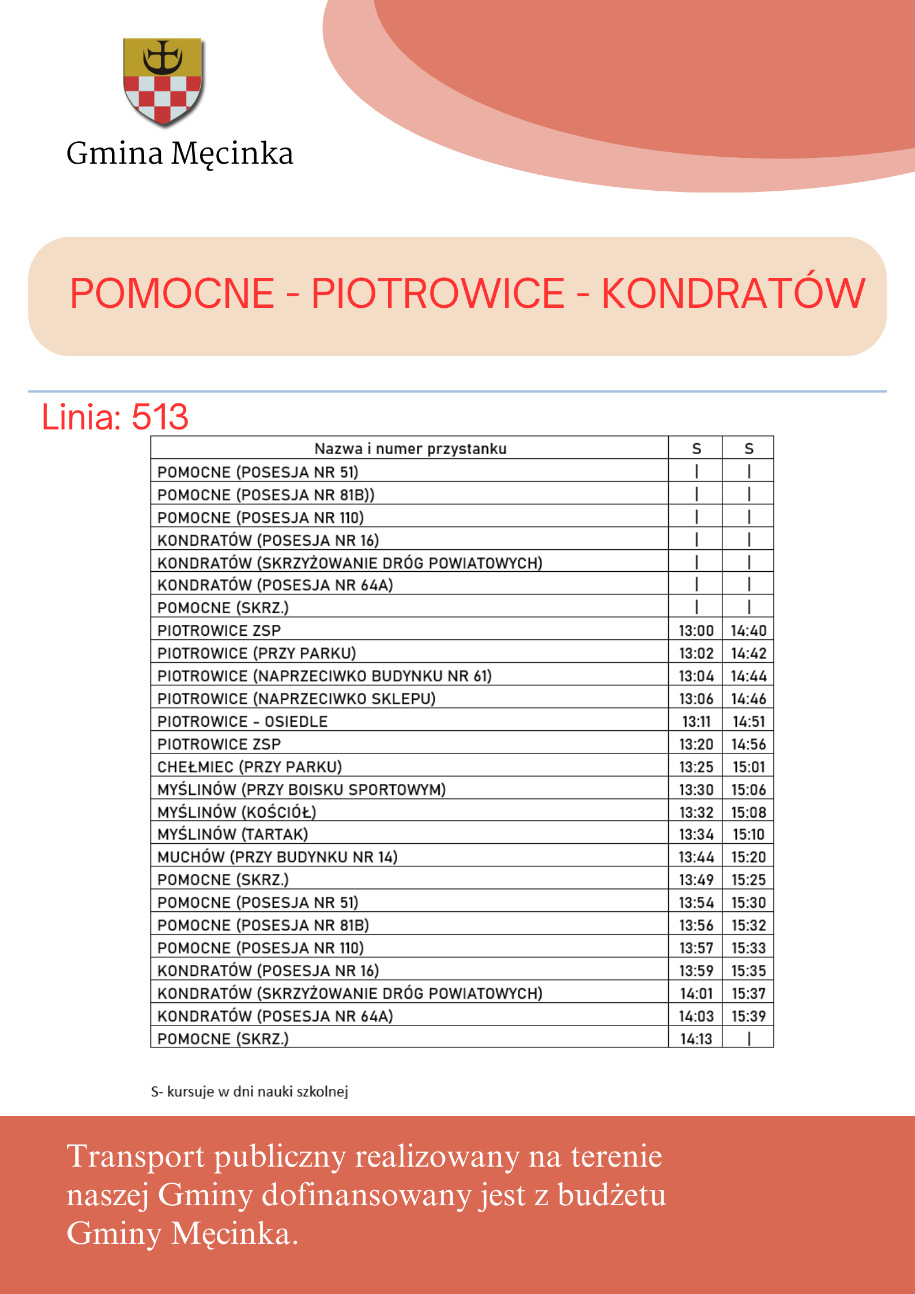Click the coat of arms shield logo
click(163, 81)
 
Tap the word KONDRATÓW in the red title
click(733, 293)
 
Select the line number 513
click(160, 417)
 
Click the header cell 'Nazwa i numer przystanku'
click(410, 449)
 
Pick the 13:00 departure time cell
click(696, 631)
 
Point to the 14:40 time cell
click(748, 631)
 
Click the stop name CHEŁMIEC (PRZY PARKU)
click(250, 767)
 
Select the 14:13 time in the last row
click(696, 1039)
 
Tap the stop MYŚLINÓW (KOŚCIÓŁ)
click(237, 812)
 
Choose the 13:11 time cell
click(696, 722)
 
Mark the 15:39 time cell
click(748, 1016)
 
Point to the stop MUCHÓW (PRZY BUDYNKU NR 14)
click(277, 857)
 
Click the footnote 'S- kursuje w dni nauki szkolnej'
click(250, 1092)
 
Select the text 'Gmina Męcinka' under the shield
click(180, 153)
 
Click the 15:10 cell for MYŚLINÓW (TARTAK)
click(748, 835)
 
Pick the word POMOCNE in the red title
click(172, 293)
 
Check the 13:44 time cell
click(696, 857)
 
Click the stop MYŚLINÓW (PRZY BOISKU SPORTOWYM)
click(302, 790)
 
